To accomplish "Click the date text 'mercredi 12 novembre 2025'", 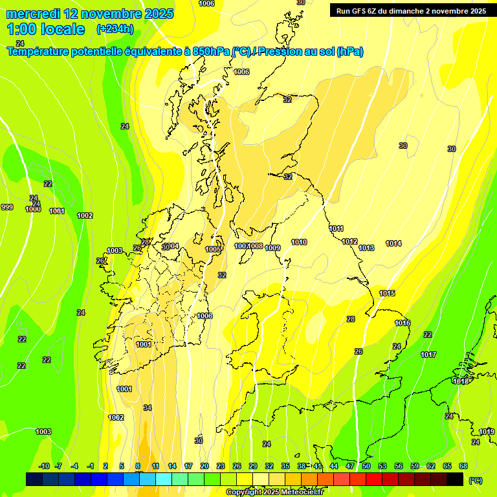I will pos(90,14).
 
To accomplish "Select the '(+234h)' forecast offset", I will pos(115,29).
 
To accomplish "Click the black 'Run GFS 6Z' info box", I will pos(411,11).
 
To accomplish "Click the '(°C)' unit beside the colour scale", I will pos(475,480).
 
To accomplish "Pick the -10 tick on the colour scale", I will pos(44,466).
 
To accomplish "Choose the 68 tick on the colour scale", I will pos(463,466).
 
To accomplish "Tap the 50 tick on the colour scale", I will pos(366,466).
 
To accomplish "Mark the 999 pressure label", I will pos(7,207).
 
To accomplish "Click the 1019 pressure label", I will pos(487,432).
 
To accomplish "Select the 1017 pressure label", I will pos(428,355).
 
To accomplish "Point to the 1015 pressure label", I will pos(387,293).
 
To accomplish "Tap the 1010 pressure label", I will pos(299,242).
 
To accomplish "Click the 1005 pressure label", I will pos(214,249).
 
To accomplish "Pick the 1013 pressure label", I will pos(367,248).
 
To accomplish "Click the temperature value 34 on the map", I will pos(148,408).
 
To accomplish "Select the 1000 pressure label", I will pos(33,209).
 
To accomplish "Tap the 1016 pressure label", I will pos(403,323).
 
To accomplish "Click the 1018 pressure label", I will pos(461,381).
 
